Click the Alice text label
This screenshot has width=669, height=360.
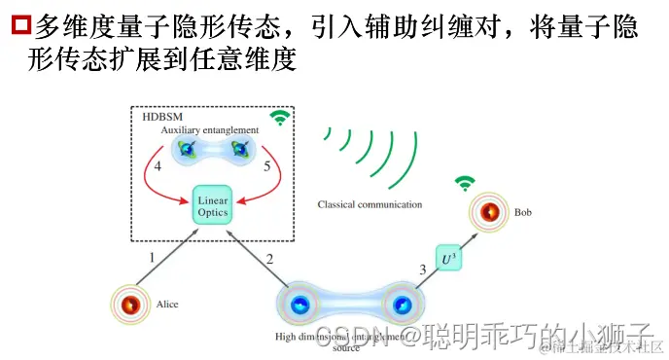click(x=167, y=305)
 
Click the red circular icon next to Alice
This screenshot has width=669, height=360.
click(x=130, y=306)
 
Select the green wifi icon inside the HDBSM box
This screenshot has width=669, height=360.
click(x=280, y=119)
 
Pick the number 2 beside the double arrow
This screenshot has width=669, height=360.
click(x=269, y=259)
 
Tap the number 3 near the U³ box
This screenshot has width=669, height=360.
click(x=422, y=269)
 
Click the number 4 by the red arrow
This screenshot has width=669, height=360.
click(x=158, y=166)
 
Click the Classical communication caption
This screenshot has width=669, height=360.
click(x=370, y=205)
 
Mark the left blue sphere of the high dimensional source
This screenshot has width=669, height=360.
click(x=299, y=308)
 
